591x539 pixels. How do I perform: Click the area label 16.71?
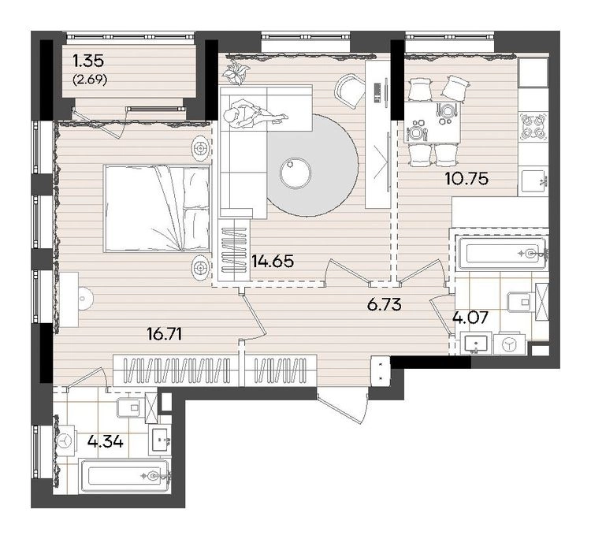tap(165, 333)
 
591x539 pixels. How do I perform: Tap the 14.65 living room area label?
tap(273, 261)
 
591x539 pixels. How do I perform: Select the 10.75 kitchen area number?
tap(466, 178)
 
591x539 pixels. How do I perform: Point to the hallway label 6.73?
tap(385, 304)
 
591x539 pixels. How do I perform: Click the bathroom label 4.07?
tap(470, 318)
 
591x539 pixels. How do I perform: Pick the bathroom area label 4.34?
tap(105, 441)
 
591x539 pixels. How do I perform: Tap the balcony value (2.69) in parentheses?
tap(90, 80)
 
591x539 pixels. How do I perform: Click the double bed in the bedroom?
tap(157, 208)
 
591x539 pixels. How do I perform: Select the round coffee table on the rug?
tap(295, 173)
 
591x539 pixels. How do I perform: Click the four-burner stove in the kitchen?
tap(533, 127)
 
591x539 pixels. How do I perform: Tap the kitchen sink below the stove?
tap(533, 183)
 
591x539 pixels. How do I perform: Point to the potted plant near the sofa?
tap(235, 72)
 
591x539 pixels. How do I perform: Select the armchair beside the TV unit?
tap(350, 91)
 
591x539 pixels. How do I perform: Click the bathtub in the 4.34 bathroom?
tap(125, 476)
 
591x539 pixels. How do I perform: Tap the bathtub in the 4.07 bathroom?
tap(502, 252)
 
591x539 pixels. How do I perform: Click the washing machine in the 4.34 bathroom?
tap(66, 440)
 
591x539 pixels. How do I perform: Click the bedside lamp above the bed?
tap(200, 149)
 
